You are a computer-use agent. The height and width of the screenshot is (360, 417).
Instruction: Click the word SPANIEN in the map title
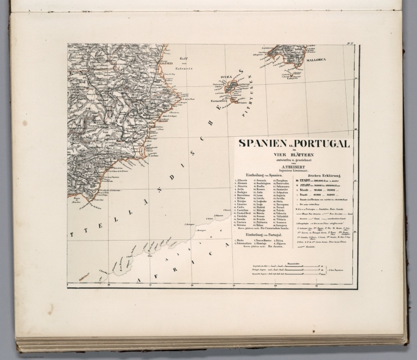point(263,144)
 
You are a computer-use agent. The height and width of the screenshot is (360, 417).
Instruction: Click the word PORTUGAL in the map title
point(321,144)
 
